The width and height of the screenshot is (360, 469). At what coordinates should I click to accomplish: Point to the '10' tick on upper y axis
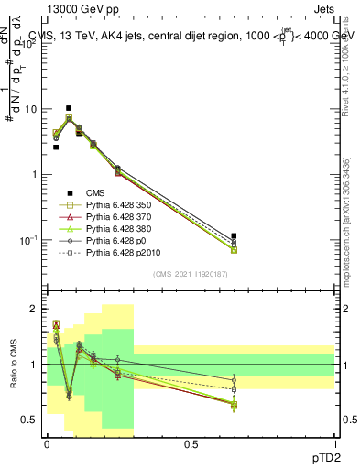32,110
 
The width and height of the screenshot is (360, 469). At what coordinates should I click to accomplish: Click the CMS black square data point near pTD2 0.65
234,236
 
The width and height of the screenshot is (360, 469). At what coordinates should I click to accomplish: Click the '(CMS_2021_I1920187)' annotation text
191,274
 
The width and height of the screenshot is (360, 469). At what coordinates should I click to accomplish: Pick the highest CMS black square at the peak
69,108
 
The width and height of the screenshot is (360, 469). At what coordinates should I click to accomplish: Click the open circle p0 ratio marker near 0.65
234,380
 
